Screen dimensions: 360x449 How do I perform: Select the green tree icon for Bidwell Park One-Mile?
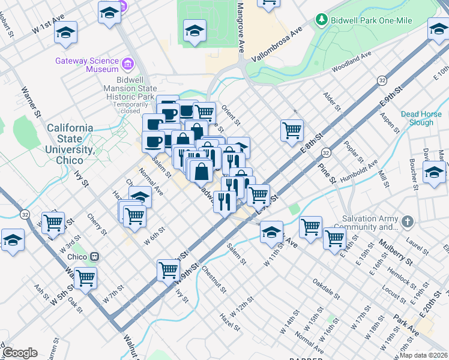[x=322, y=20]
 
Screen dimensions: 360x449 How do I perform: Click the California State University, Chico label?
[x=70, y=145]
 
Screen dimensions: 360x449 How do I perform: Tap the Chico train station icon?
[x=94, y=257]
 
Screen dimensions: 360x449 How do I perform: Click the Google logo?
[x=20, y=353]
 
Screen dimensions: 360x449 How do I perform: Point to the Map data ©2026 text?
[x=423, y=355]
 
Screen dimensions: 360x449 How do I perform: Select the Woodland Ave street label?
[x=351, y=62]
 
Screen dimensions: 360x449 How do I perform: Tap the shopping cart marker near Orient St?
[x=292, y=130]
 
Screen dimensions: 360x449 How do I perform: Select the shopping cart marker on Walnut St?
[x=86, y=277]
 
